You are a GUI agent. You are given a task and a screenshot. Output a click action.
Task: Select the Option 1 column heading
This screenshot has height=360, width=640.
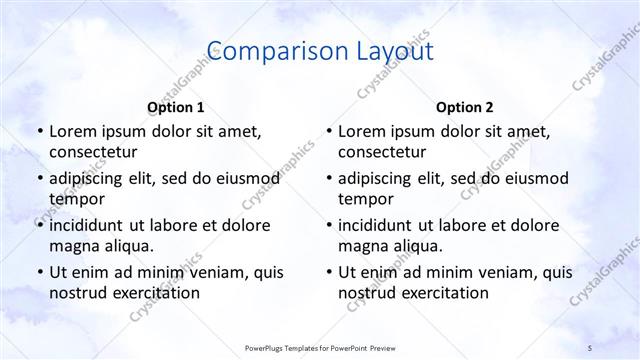click(x=176, y=107)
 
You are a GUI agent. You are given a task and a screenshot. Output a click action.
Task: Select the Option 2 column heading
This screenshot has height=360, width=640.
click(x=465, y=107)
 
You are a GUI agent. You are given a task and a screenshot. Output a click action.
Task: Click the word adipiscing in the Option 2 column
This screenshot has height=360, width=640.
click(x=378, y=178)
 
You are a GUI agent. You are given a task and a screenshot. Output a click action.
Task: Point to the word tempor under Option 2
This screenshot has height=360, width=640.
click(x=365, y=199)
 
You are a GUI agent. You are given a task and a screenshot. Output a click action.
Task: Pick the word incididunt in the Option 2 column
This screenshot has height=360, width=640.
click(x=380, y=225)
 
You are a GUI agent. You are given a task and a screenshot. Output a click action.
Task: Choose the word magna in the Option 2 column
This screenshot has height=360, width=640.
click(x=362, y=246)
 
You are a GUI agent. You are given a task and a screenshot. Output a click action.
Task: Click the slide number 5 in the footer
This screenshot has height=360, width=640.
click(x=590, y=346)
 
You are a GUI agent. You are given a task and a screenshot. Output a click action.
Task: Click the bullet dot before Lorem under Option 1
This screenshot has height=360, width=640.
click(x=39, y=132)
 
